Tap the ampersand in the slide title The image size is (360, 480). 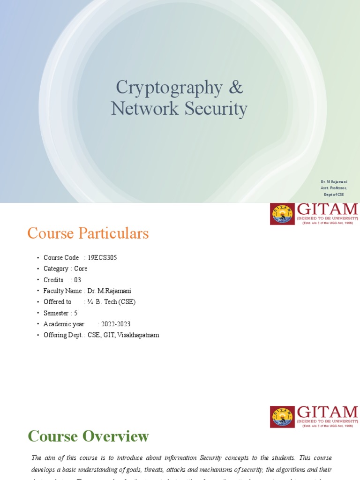236,88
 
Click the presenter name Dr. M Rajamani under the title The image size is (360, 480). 334,181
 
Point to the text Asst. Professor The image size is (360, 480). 334,188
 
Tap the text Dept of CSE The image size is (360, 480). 334,195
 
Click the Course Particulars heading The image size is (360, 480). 88,233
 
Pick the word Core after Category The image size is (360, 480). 81,269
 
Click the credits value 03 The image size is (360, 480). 77,280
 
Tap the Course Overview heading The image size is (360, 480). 88,436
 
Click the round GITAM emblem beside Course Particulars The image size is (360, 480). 282,214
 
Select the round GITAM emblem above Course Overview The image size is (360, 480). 282,417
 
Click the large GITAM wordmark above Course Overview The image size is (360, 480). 327,412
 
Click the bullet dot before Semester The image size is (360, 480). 38,313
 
